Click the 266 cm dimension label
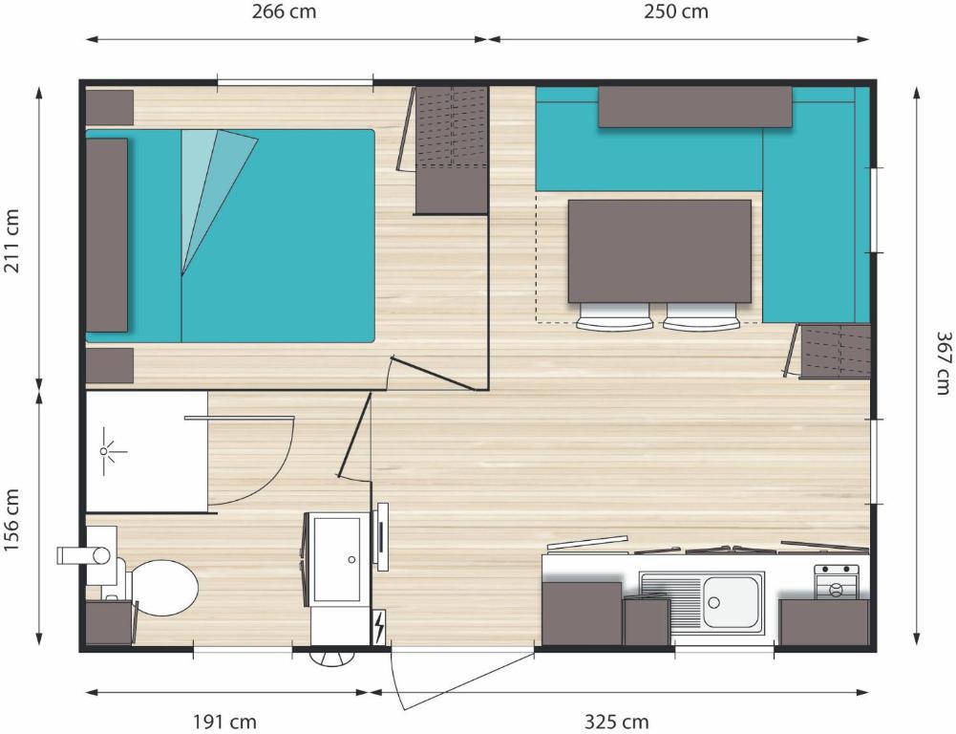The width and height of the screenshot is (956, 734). coord(284,11)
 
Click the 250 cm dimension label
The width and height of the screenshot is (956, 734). coord(676,11)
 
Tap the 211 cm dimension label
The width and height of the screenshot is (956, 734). coord(12,241)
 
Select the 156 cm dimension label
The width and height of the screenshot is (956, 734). coord(12,520)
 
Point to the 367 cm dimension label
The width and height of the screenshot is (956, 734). coord(944,363)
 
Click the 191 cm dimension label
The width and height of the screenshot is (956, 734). coord(224,723)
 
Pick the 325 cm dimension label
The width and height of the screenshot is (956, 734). coord(616,723)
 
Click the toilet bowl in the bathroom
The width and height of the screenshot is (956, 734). coord(161,588)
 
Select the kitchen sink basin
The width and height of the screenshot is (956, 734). coord(731,601)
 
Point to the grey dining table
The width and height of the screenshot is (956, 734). coord(659,250)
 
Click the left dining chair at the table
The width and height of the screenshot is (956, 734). coord(615,316)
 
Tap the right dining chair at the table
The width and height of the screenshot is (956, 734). coord(701,316)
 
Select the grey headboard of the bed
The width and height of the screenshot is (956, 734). coord(107,235)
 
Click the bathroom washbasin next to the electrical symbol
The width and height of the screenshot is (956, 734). coord(337,559)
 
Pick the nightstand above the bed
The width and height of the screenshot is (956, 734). coord(109,107)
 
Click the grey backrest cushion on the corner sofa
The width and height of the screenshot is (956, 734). coord(694,107)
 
